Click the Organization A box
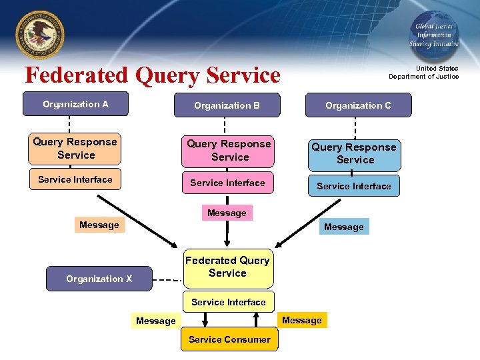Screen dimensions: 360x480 point(75,104)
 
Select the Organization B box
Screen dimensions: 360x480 point(227,105)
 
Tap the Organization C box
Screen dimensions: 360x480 point(358,105)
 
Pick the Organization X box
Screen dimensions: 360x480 point(99,279)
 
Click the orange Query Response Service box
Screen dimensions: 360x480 point(75,149)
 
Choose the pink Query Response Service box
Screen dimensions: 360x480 point(228,151)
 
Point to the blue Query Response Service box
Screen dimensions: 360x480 point(354,153)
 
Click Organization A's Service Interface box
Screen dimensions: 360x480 point(75,179)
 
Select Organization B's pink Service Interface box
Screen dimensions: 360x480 point(227,183)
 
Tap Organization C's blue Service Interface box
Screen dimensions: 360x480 point(353,186)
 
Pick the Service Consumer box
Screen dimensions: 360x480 point(229,339)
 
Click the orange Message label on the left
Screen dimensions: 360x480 point(99,225)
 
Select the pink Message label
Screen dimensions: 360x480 point(227,213)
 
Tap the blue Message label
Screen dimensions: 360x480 point(343,227)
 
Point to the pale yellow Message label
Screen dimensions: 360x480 point(155,321)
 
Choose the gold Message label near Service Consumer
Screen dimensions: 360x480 point(301,320)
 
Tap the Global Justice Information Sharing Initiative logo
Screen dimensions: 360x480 point(433,34)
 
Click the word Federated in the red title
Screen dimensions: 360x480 point(77,75)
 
